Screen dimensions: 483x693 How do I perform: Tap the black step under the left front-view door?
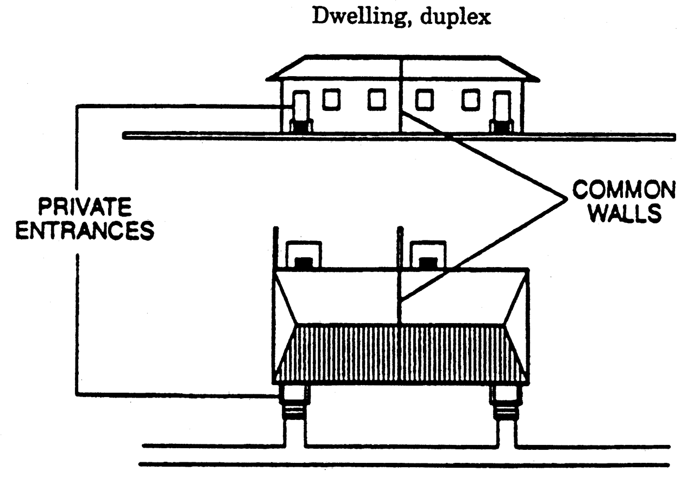(301, 127)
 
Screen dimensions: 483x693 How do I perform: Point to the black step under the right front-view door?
(501, 127)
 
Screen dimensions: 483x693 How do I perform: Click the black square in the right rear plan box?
(429, 263)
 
